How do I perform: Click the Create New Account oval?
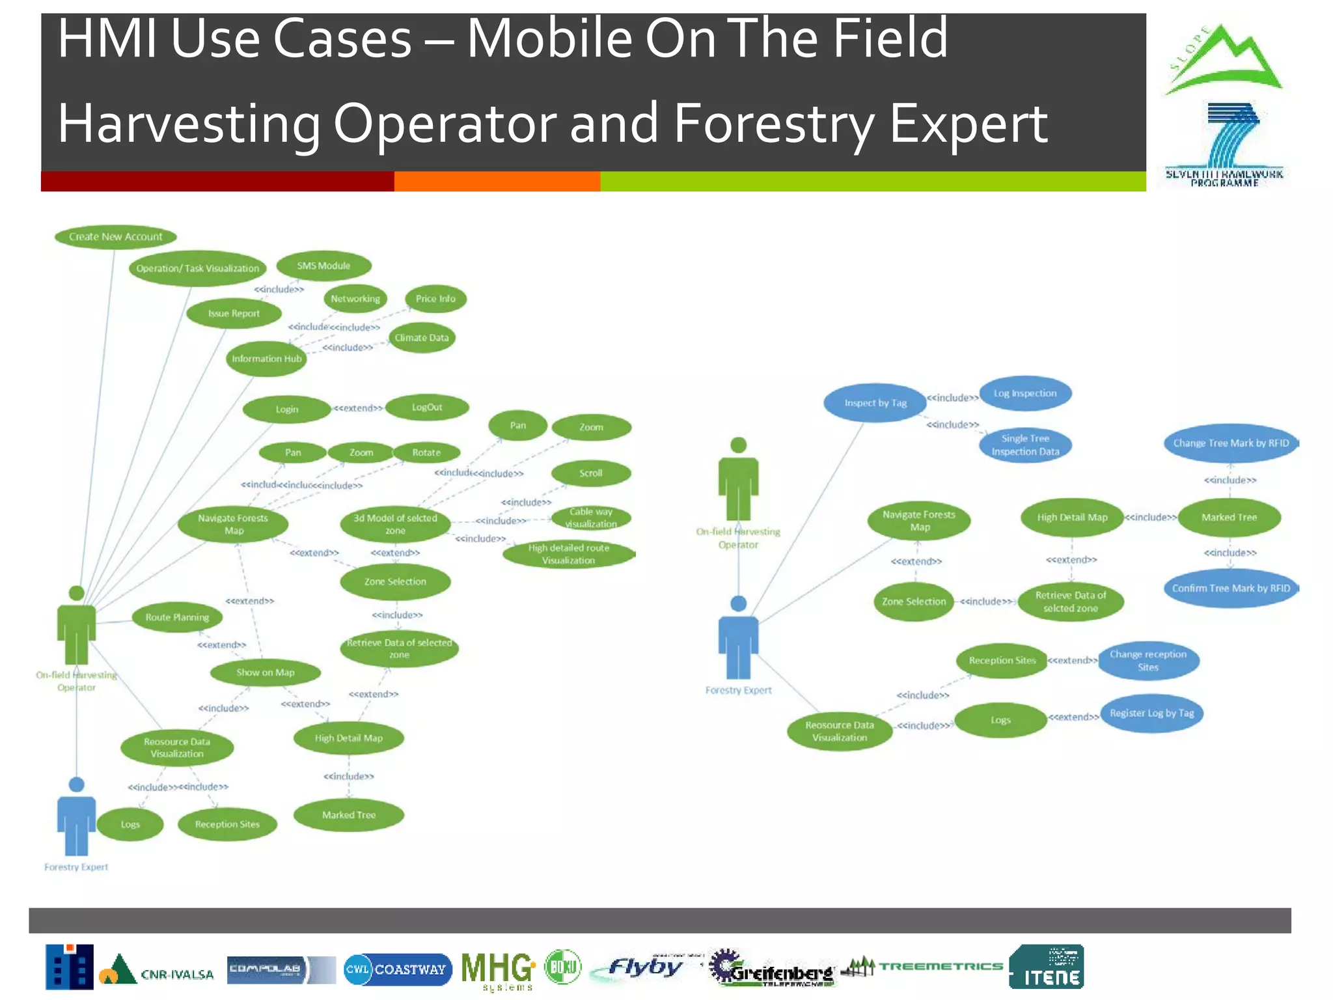(x=116, y=236)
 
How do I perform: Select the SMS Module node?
(x=323, y=266)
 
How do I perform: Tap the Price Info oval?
(x=435, y=299)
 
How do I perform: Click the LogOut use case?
(x=427, y=408)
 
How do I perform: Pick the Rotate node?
(x=426, y=452)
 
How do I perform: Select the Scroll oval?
(x=591, y=473)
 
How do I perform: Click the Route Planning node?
(x=177, y=617)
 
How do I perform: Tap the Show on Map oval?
(x=265, y=673)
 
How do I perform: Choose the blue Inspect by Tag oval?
(x=875, y=403)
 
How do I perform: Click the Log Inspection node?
(x=1025, y=393)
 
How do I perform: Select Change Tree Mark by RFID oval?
(x=1230, y=443)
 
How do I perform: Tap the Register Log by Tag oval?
(x=1151, y=714)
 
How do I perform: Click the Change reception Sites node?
(x=1148, y=661)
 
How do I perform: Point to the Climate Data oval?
(x=422, y=338)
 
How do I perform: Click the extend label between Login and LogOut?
(x=358, y=408)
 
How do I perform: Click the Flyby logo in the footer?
(x=644, y=968)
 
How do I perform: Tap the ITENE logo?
(x=1047, y=967)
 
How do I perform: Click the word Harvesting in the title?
(x=189, y=124)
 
